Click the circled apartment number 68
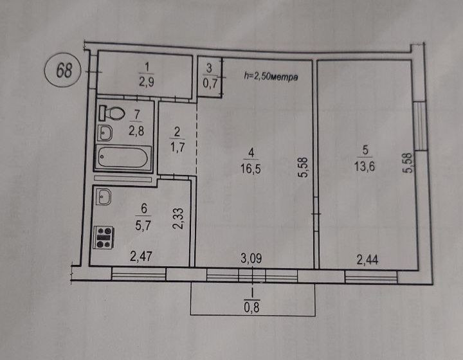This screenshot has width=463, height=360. point(62,70)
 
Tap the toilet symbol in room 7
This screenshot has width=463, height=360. point(112,113)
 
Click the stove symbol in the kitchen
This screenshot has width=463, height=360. point(104,237)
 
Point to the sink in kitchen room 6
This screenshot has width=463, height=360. point(104,197)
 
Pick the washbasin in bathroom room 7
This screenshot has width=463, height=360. point(105,133)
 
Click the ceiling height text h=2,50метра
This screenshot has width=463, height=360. point(271,76)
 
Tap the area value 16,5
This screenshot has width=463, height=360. point(250,169)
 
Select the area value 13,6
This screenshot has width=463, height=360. point(365,166)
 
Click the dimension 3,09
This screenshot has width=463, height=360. point(251,258)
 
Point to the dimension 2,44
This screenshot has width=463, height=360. point(367,260)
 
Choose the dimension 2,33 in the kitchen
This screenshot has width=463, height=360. point(179,219)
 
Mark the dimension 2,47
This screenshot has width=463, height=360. point(141,256)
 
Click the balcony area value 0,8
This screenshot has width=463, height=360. point(251,308)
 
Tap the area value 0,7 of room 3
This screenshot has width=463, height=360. point(210,84)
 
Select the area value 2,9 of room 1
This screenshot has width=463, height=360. point(147,82)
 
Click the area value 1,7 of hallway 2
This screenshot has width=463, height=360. point(177,146)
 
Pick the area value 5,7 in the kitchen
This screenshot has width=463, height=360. point(143,226)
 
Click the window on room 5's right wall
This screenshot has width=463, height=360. point(420,126)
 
